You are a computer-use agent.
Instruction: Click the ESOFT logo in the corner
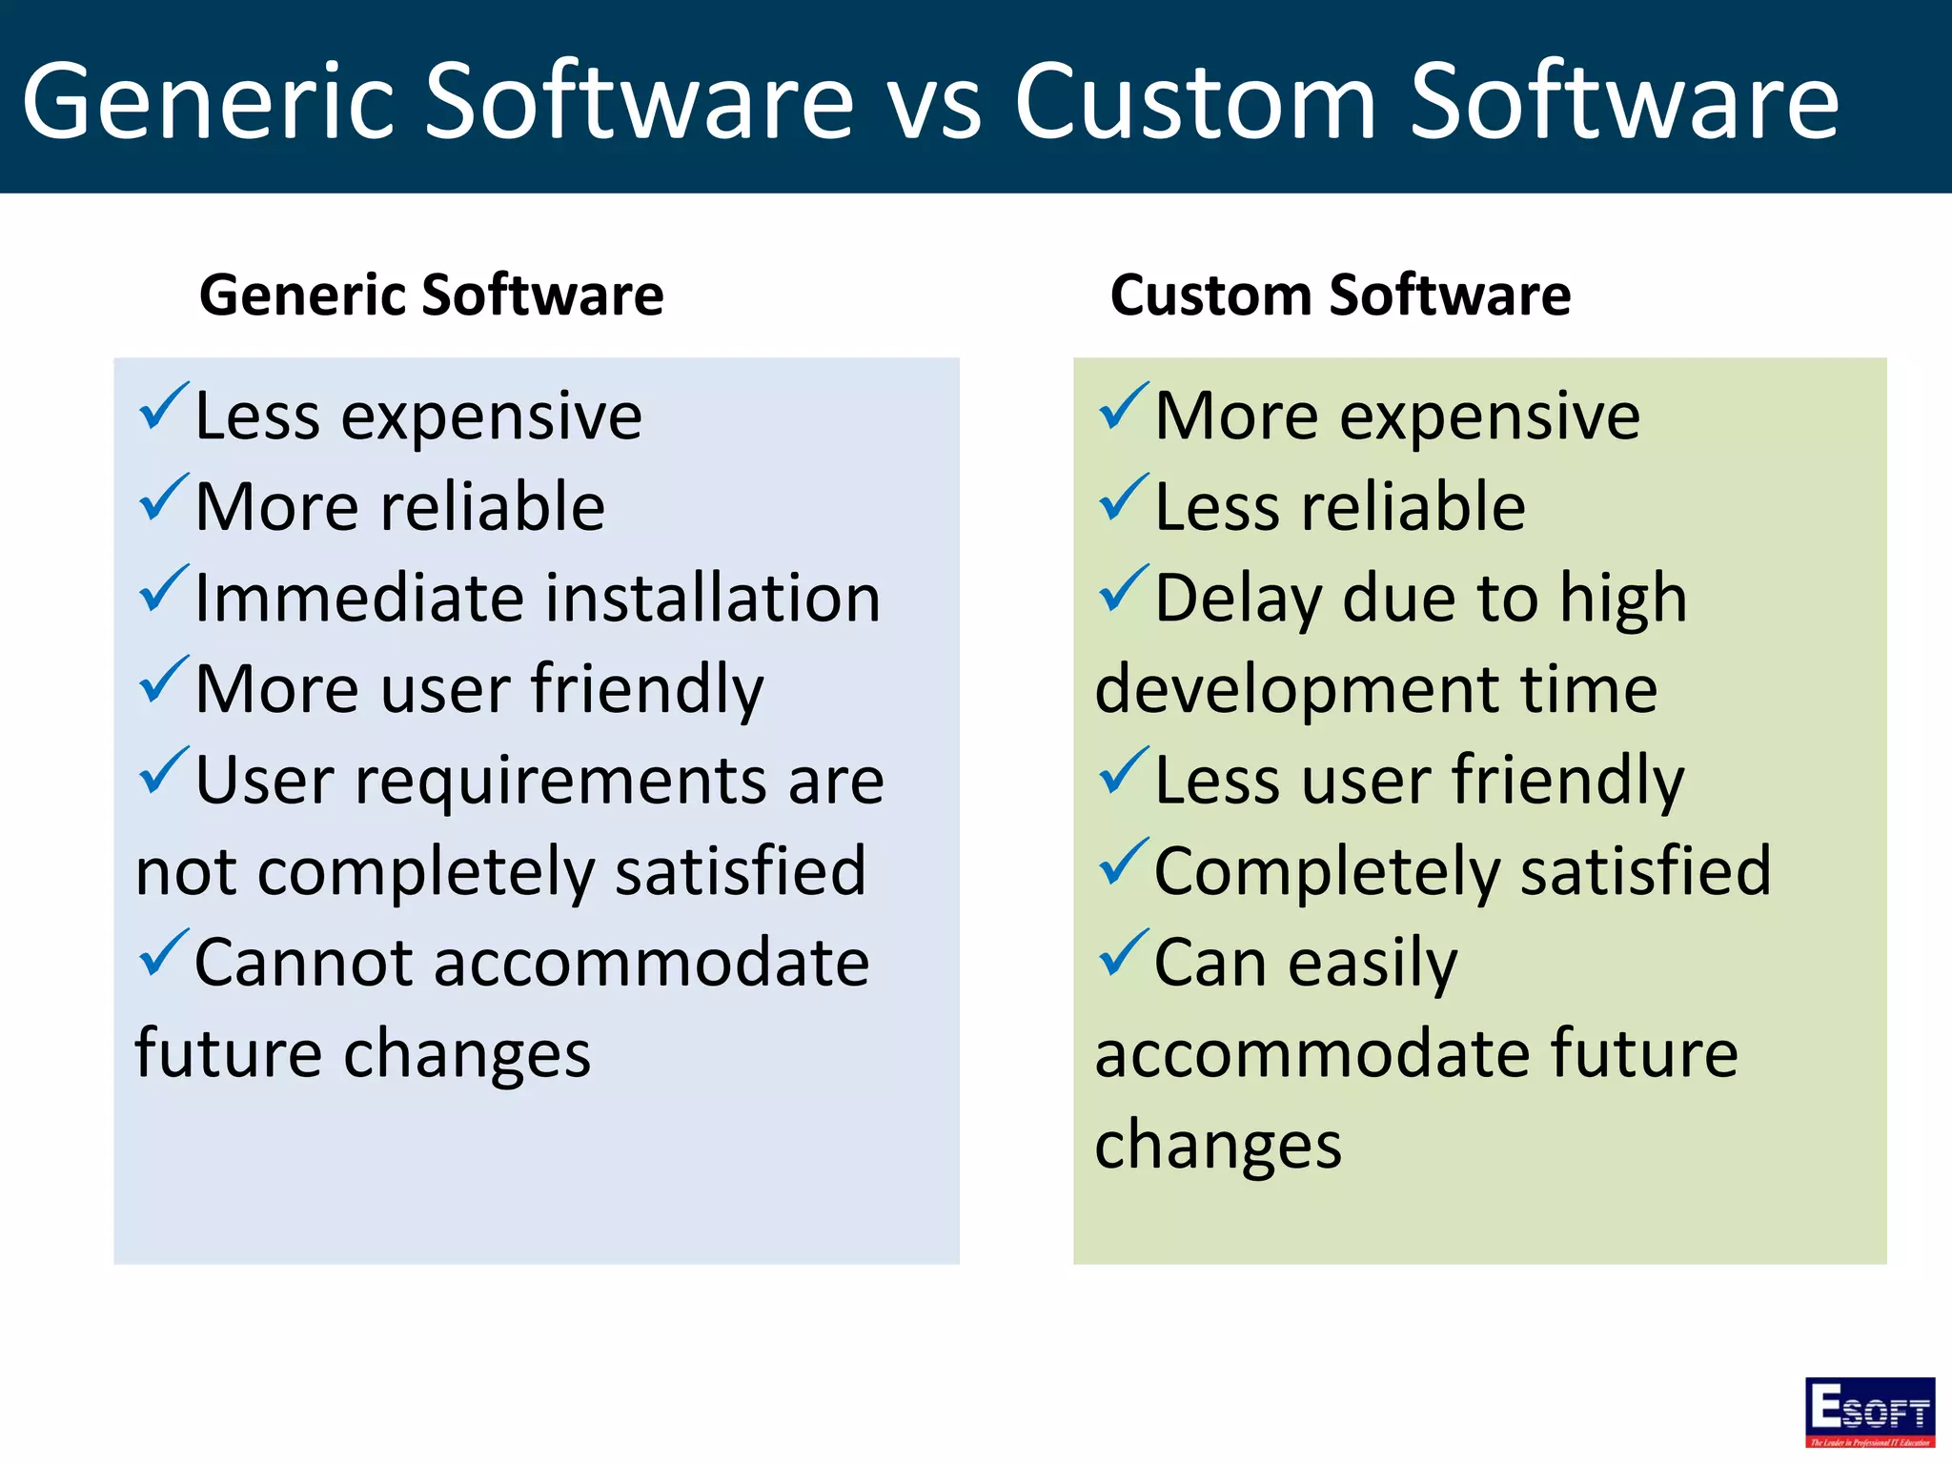pos(1869,1412)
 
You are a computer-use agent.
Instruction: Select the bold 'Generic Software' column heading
pos(431,295)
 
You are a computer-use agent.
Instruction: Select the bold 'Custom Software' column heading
pos(1340,295)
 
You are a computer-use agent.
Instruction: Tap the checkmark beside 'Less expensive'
pos(164,408)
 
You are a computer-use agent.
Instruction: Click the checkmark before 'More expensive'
pos(1124,408)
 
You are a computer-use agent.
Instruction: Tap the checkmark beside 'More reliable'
pos(164,498)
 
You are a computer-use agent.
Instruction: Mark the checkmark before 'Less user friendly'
pos(1124,772)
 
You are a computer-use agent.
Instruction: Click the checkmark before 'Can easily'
pos(1124,954)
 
